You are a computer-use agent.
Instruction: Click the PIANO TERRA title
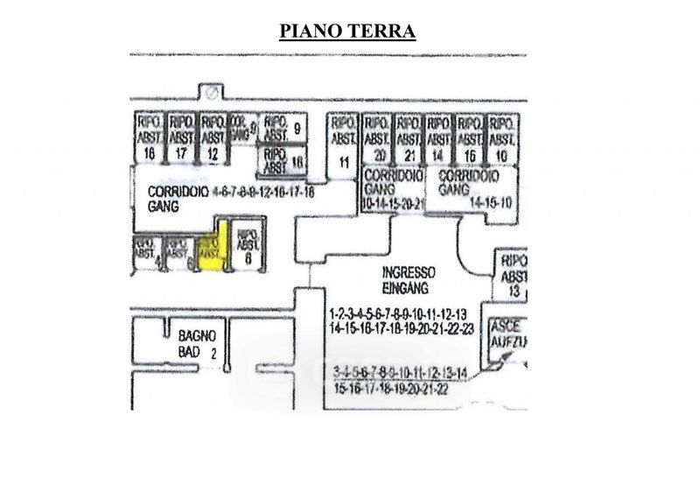tap(346, 32)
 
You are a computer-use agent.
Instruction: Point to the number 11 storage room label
tap(343, 160)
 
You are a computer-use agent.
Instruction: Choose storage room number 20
tap(378, 155)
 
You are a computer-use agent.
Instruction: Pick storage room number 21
tap(409, 155)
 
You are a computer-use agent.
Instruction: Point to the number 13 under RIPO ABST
tap(514, 291)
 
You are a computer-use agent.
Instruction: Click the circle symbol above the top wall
tap(211, 89)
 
